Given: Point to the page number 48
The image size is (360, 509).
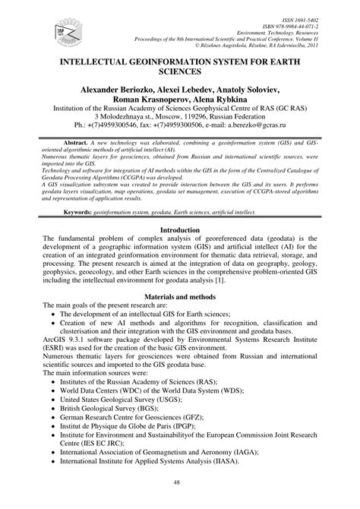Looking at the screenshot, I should (x=179, y=484).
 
